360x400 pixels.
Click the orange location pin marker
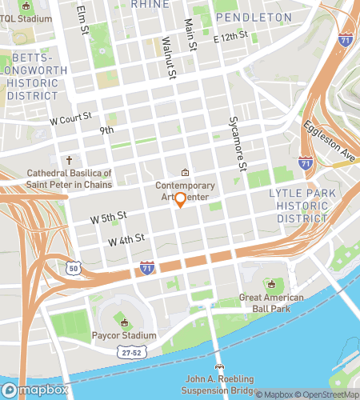click(x=180, y=200)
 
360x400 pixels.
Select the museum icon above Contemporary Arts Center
click(x=185, y=172)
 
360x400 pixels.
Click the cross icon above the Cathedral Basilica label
click(x=70, y=160)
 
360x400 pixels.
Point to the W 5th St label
click(x=109, y=217)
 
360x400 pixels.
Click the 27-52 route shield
click(x=130, y=351)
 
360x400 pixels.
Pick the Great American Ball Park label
click(x=272, y=305)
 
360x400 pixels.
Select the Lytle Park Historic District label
click(x=298, y=205)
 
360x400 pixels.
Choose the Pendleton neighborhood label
click(x=254, y=17)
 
